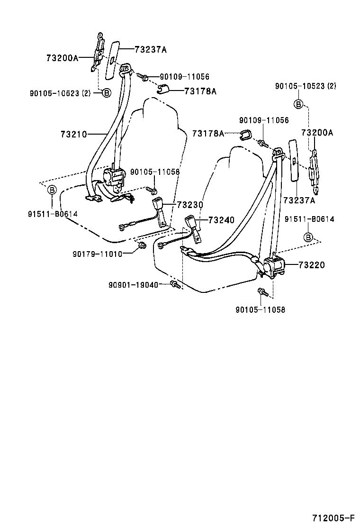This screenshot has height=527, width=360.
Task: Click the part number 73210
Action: coord(73,134)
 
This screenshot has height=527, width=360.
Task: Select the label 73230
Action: coord(190,205)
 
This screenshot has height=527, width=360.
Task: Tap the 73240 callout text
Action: coord(222,220)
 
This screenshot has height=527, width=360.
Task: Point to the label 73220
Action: coord(312,265)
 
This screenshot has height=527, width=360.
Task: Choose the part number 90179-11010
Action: coord(98,254)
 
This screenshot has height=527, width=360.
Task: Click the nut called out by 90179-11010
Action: coord(141,245)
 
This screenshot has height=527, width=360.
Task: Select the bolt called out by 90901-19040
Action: coord(175,284)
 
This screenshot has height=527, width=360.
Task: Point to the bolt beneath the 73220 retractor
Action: coord(261,291)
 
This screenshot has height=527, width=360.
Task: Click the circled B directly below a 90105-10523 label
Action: coord(299,104)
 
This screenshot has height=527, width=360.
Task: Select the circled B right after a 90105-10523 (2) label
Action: coord(107,93)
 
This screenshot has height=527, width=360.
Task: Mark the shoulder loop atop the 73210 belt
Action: coord(125,70)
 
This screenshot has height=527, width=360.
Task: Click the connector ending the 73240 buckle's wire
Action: coord(163,245)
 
